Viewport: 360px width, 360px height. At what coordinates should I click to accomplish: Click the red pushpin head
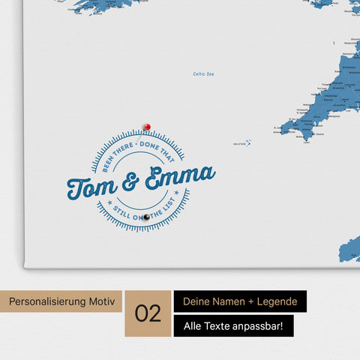pyautogui.click(x=147, y=127)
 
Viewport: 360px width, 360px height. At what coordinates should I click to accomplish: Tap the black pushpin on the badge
pyautogui.click(x=147, y=217)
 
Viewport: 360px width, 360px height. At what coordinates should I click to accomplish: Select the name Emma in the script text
pyautogui.click(x=179, y=177)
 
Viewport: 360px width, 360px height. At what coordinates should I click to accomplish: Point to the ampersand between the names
pyautogui.click(x=130, y=181)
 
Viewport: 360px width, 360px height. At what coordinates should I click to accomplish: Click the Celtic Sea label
pyautogui.click(x=203, y=73)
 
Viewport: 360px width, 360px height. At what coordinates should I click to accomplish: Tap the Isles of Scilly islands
pyautogui.click(x=247, y=142)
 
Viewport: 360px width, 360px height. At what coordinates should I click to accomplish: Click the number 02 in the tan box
pyautogui.click(x=148, y=313)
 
